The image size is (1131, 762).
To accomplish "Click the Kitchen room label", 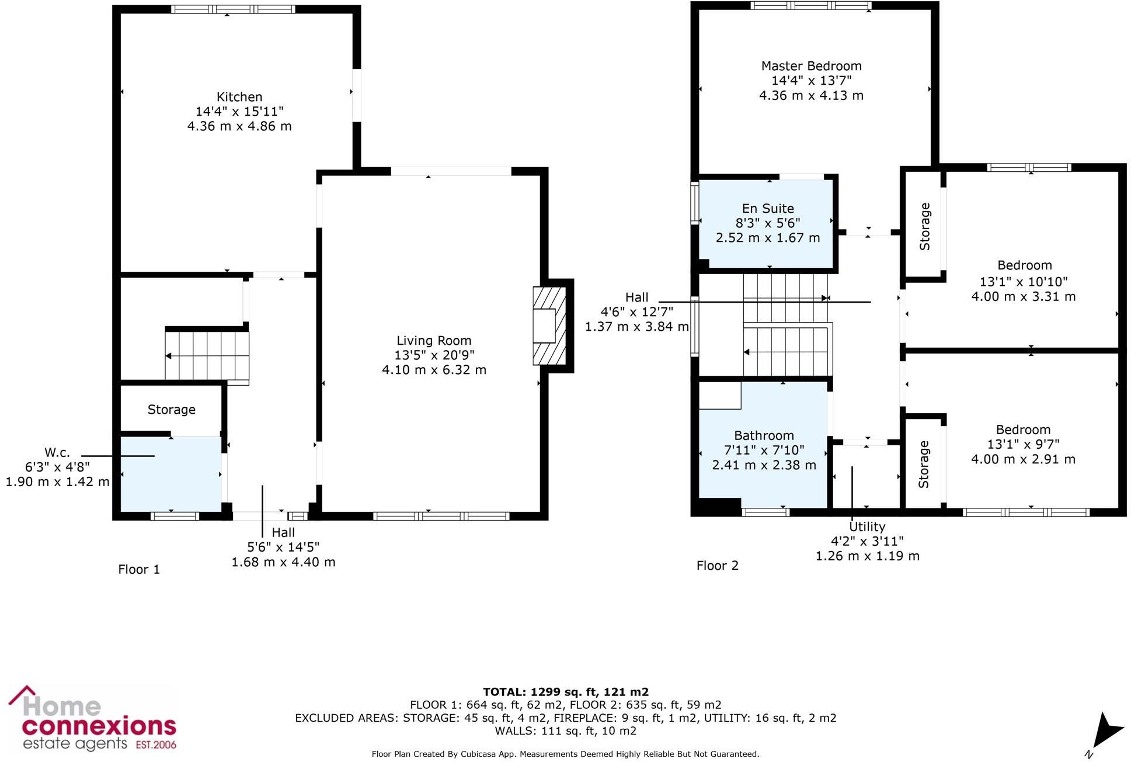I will [x=239, y=97].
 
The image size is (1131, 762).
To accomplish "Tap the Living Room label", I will [x=434, y=341].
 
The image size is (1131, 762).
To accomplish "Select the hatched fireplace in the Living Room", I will [x=549, y=325].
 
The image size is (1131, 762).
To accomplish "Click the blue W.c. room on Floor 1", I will [x=170, y=474].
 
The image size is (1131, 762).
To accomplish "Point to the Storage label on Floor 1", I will [x=171, y=410].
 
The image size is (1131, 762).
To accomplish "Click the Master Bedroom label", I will [x=811, y=66].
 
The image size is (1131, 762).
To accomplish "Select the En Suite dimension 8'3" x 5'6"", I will [x=768, y=223].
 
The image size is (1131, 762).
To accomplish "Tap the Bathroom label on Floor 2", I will [x=764, y=435].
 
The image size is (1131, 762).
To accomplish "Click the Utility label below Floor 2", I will [x=867, y=527].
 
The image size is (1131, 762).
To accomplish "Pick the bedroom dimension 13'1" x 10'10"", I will [x=1024, y=282].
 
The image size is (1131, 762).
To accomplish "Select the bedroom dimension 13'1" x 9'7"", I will [x=1023, y=444].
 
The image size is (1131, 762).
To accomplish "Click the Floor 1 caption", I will [x=139, y=569].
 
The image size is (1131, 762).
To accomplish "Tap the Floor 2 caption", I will [x=717, y=566].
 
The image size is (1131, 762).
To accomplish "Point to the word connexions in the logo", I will [x=99, y=726].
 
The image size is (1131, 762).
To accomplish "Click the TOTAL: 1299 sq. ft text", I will [x=565, y=692].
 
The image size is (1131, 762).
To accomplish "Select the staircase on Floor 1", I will [x=207, y=355].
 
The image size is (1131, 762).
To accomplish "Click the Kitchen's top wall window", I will [x=233, y=9].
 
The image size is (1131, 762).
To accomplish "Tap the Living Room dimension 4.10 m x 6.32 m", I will [x=434, y=370].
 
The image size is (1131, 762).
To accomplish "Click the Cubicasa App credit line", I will [x=565, y=754].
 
